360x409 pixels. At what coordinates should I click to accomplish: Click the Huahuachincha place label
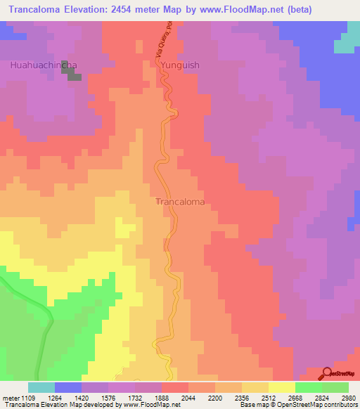pyautogui.click(x=44, y=65)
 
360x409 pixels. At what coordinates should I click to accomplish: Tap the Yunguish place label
pyautogui.click(x=181, y=65)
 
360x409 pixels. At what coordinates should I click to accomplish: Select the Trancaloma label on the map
pyautogui.click(x=179, y=202)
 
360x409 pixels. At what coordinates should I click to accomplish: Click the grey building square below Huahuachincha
pyautogui.click(x=74, y=74)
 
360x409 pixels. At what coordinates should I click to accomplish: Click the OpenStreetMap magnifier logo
pyautogui.click(x=326, y=373)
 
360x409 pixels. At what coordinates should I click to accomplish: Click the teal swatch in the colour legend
pyautogui.click(x=41, y=388)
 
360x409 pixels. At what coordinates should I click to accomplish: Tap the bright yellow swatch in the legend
pyautogui.click(x=281, y=388)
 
